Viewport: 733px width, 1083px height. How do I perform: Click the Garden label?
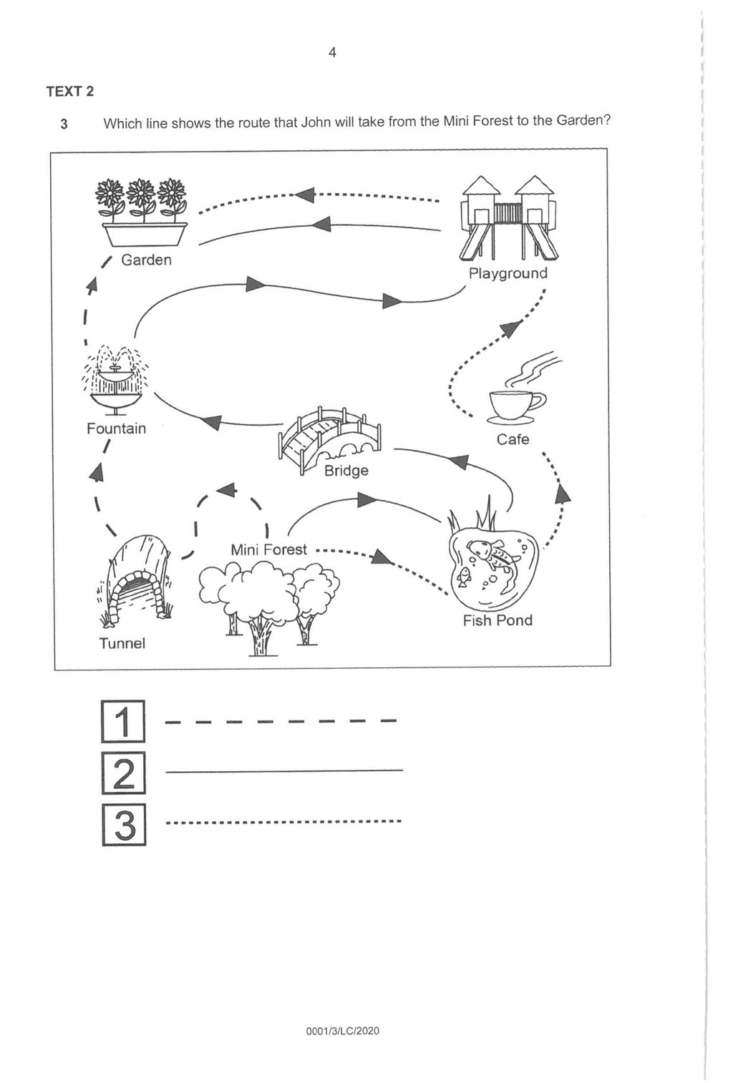(146, 260)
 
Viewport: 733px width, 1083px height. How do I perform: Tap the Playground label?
(508, 273)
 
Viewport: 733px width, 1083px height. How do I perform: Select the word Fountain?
(116, 428)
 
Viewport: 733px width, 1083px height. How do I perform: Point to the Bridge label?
(346, 470)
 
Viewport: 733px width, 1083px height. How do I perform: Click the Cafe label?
(513, 439)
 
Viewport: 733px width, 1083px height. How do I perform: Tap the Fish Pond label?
(497, 620)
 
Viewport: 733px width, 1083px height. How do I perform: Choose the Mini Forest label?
(268, 549)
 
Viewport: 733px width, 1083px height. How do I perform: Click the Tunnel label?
(122, 643)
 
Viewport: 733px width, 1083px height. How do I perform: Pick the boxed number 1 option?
(123, 721)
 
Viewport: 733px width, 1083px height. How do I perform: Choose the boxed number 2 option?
(123, 773)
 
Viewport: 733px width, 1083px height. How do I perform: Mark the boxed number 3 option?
(123, 825)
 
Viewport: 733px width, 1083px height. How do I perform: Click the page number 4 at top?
(332, 52)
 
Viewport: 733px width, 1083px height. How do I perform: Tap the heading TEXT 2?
(69, 92)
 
